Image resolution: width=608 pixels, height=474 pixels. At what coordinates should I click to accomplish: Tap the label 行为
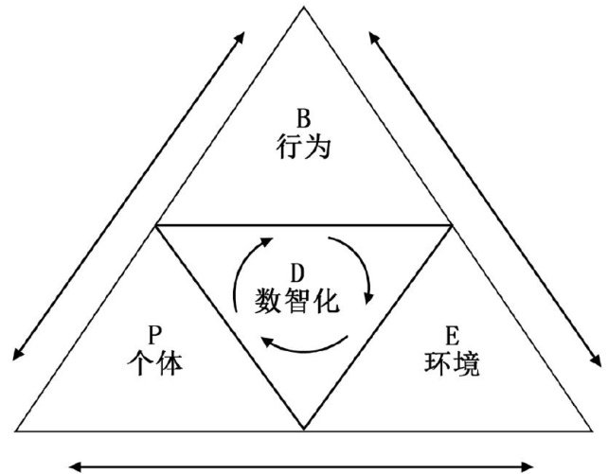coord(303,148)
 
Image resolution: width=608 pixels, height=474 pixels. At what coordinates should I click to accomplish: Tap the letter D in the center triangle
coord(296,272)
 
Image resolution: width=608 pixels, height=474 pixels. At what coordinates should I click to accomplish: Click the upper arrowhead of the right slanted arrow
coord(373,37)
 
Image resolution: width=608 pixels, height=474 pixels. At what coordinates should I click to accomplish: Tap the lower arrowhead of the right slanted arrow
coord(597,361)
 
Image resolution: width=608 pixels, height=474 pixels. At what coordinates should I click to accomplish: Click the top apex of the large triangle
coord(304,8)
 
